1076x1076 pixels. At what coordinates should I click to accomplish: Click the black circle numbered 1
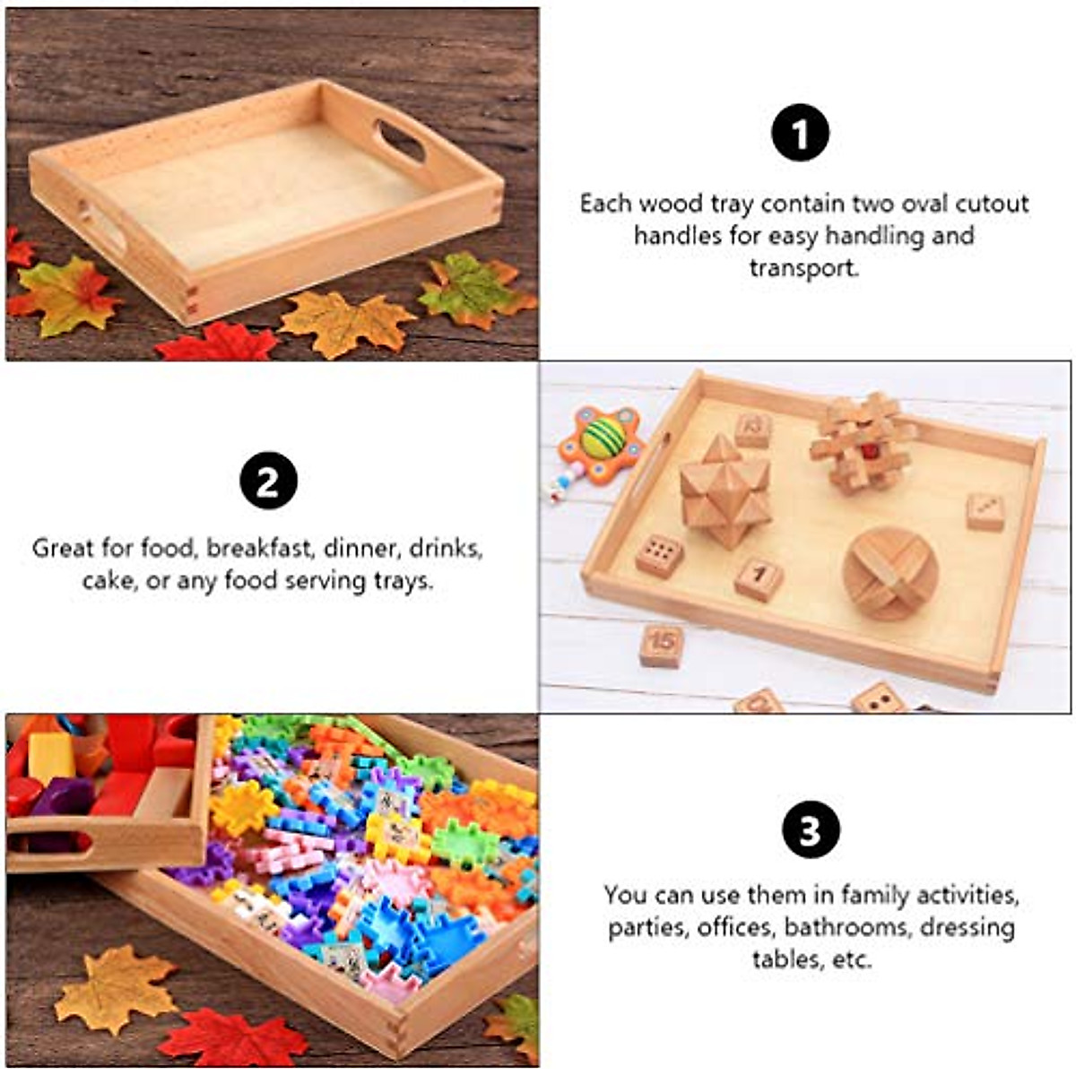coord(800,134)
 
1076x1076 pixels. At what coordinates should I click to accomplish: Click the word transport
coord(803,268)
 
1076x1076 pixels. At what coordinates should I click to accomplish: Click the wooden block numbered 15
coord(662,645)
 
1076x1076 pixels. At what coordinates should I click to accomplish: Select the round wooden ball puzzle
coord(890,571)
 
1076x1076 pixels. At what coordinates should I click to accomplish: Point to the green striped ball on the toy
coord(603,437)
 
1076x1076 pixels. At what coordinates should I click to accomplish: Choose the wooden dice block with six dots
coord(660,553)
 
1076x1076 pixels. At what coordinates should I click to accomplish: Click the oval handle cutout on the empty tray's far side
coord(401,142)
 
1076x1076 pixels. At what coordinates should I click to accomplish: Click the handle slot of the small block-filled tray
coord(54,842)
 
